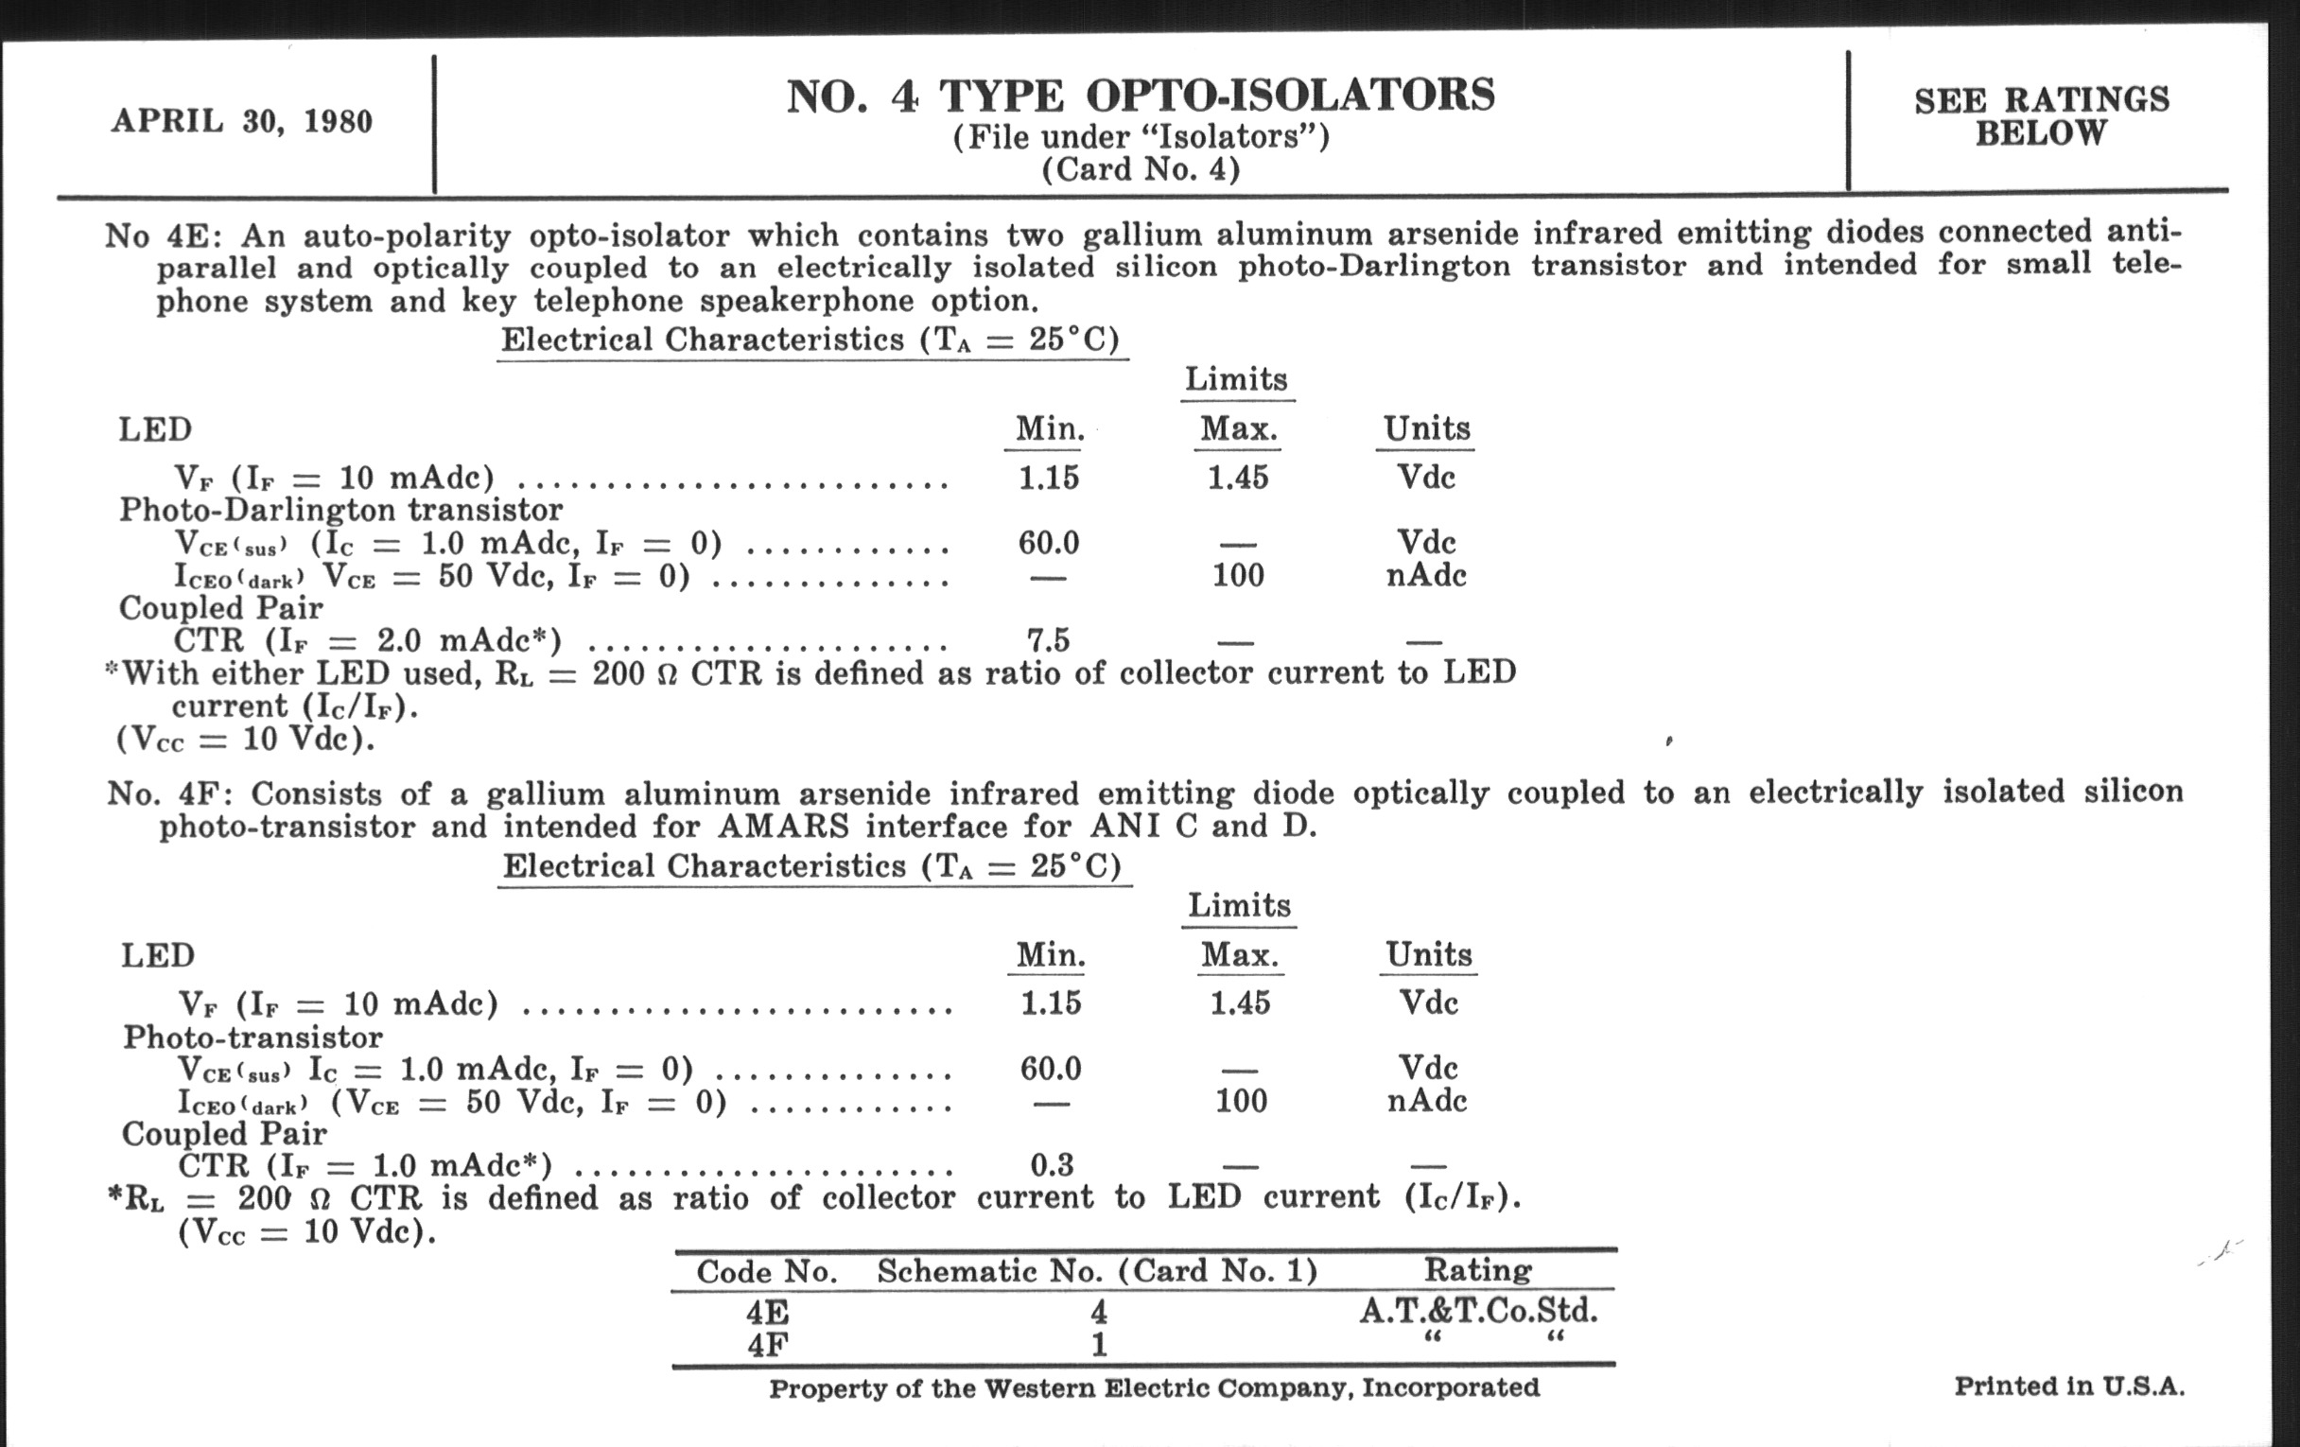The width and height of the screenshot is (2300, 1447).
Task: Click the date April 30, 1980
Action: [x=242, y=121]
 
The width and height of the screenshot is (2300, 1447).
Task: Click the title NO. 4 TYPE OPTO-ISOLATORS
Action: [x=1141, y=96]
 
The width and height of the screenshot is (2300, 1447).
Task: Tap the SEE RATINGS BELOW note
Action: [x=2041, y=116]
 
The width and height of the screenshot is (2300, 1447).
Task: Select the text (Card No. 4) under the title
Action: [x=1141, y=170]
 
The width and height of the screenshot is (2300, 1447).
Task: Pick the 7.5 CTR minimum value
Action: [x=1048, y=640]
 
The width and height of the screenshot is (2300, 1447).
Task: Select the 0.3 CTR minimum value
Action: [x=1052, y=1164]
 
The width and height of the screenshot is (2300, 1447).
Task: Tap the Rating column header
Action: [x=1477, y=1269]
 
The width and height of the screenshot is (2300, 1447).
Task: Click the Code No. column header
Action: [x=767, y=1271]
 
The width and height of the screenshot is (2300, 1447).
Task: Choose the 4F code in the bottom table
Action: [x=767, y=1345]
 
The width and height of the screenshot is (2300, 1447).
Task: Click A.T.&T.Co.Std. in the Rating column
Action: [x=1477, y=1311]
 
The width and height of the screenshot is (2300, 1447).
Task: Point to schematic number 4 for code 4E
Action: [x=1098, y=1313]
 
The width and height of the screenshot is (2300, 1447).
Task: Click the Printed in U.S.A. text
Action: [x=2069, y=1386]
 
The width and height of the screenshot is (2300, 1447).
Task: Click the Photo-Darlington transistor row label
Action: [x=341, y=510]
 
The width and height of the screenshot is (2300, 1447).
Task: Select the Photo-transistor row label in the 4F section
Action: [x=253, y=1037]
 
